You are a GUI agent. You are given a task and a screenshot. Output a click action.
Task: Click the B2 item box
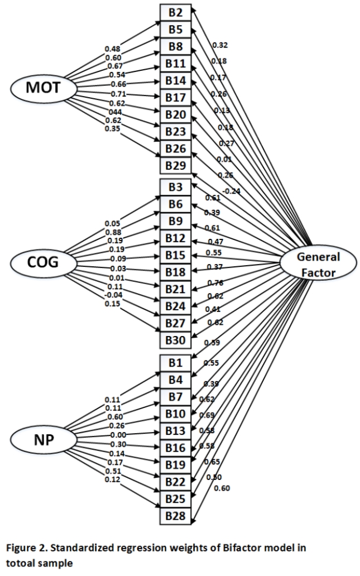point(176,12)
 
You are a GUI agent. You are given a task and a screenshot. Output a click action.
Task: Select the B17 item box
point(176,97)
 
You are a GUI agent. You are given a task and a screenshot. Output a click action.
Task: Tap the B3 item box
point(176,188)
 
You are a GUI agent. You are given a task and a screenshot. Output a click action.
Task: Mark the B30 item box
point(176,340)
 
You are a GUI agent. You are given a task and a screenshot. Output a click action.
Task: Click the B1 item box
point(176,363)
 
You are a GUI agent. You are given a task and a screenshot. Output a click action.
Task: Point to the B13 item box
point(176,430)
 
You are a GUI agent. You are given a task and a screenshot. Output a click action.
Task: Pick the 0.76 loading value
point(215,282)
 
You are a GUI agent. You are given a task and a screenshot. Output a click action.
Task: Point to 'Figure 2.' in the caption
point(25,548)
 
